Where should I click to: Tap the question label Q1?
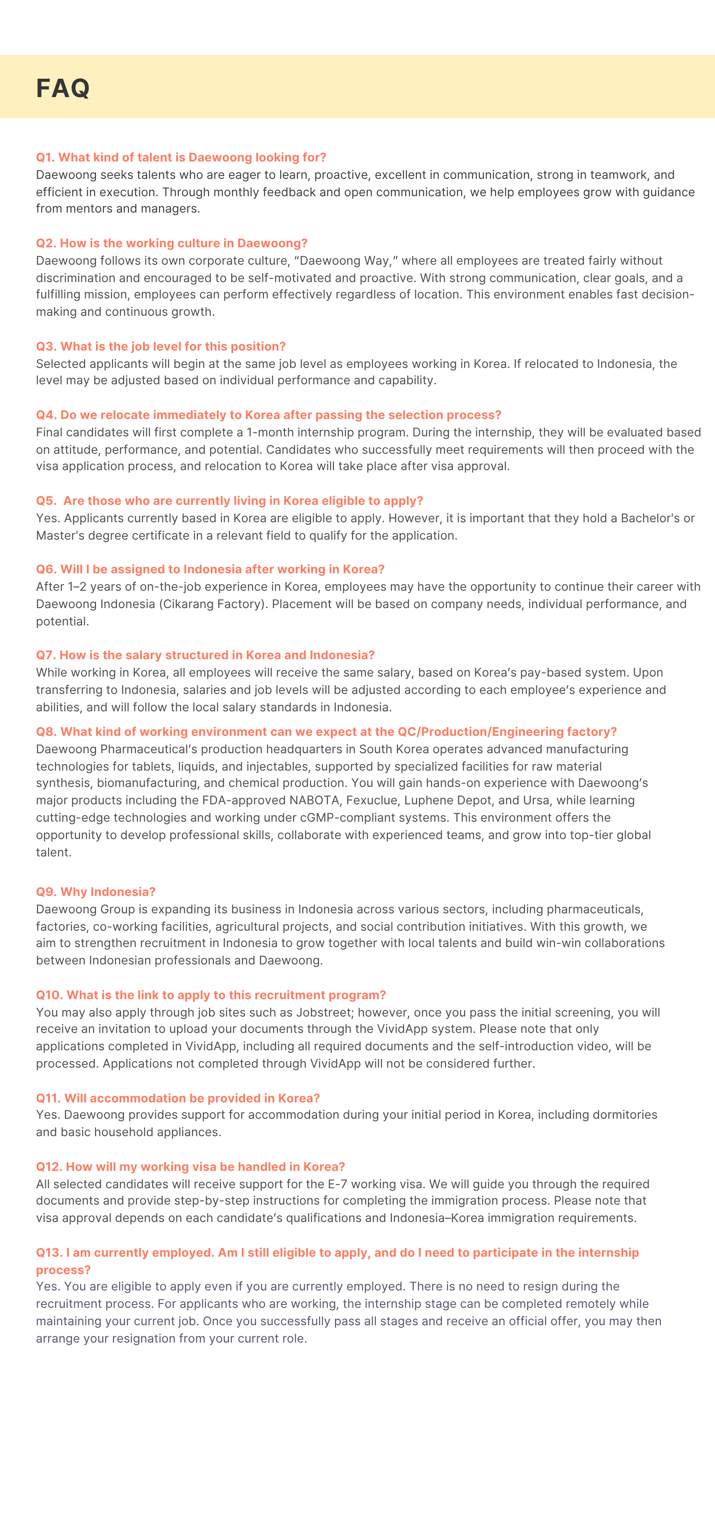45,157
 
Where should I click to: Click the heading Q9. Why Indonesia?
96,892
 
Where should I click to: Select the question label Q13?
48,1253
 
